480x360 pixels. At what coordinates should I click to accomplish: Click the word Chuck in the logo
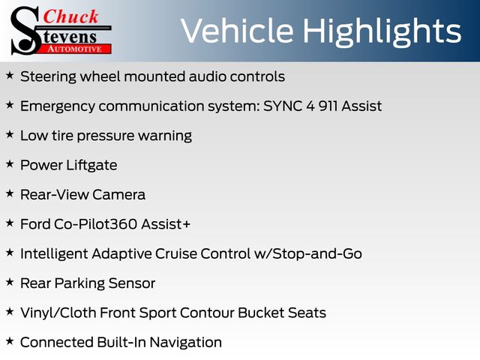[x=70, y=16]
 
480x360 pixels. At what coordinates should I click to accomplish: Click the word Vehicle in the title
[x=237, y=31]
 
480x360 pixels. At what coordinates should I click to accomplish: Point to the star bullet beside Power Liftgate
[x=10, y=163]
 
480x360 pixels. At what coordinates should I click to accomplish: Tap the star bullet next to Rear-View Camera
[x=10, y=193]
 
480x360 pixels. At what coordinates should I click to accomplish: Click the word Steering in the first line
[x=48, y=76]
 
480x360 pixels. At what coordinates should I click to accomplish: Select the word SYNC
[x=283, y=106]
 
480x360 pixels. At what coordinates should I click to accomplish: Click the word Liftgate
[x=91, y=166]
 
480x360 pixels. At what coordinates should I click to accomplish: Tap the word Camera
[x=118, y=195]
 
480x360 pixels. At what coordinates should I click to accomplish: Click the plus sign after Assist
[x=187, y=224]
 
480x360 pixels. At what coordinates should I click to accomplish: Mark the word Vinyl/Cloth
[x=58, y=313]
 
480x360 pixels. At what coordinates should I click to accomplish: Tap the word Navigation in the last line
[x=185, y=343]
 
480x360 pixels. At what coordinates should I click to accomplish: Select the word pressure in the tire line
[x=106, y=136]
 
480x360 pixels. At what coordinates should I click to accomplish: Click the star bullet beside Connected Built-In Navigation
[x=10, y=341]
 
